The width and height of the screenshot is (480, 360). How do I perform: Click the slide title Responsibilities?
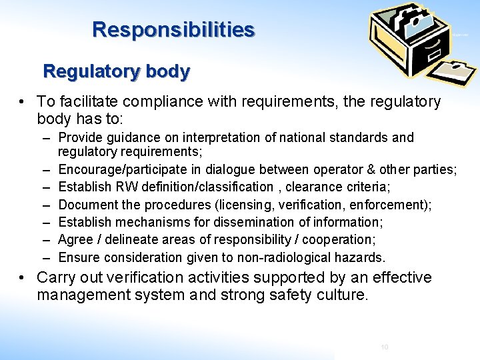173,30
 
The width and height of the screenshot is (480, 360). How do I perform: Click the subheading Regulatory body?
117,71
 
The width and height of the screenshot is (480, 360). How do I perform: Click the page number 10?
384,347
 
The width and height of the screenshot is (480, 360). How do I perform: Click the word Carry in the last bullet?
57,277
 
